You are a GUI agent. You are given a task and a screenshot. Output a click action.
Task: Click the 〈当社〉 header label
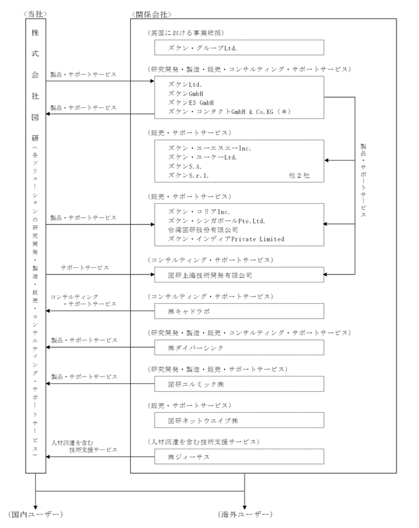[36, 13]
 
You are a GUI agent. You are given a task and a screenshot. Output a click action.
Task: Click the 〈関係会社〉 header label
[151, 13]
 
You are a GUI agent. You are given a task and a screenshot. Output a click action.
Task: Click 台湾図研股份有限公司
[202, 230]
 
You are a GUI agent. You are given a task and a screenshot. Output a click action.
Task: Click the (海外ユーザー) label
[245, 514]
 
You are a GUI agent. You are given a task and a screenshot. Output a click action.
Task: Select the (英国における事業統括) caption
[192, 32]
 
